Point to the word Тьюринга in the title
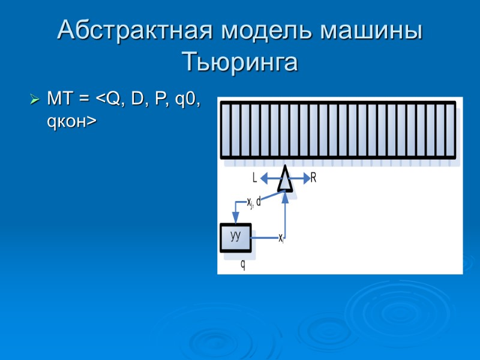click(239, 62)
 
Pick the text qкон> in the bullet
click(71, 121)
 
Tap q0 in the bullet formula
click(187, 98)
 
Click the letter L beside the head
click(255, 178)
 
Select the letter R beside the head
click(313, 178)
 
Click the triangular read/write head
click(286, 179)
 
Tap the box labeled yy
click(236, 236)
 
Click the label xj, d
click(254, 202)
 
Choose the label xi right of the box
click(281, 238)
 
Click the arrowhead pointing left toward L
click(265, 178)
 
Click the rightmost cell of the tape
click(450, 130)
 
